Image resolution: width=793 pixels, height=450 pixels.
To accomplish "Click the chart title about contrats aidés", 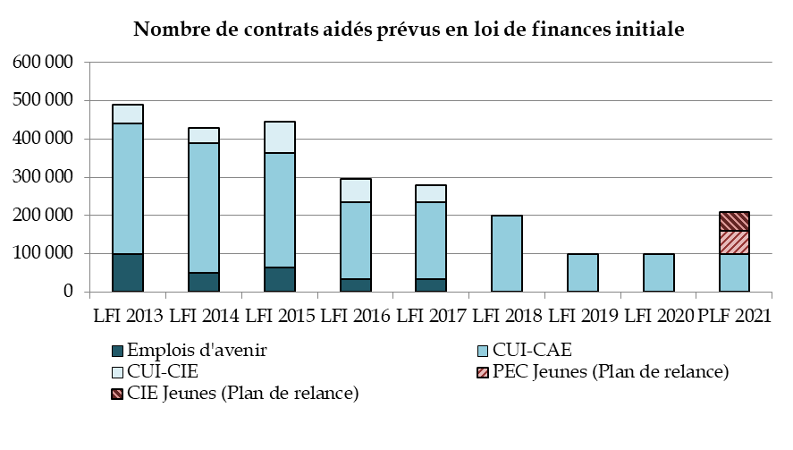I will (x=409, y=29).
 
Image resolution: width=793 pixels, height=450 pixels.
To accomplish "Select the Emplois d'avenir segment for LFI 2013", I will (x=128, y=273).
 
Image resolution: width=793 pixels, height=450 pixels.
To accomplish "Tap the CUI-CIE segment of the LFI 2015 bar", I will (x=280, y=137).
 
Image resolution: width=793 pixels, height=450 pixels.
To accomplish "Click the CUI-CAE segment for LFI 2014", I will (x=204, y=208).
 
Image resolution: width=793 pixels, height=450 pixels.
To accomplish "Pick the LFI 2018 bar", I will (x=507, y=253).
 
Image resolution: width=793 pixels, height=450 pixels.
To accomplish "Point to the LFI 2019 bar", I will (x=583, y=273).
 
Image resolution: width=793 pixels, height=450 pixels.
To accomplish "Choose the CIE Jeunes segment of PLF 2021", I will (x=735, y=221).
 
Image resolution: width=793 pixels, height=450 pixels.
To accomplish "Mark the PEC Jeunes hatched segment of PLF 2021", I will (x=735, y=242).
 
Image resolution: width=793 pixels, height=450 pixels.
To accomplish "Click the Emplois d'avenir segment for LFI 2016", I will (x=356, y=285).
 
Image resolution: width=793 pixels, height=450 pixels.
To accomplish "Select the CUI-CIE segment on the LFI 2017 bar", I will (x=432, y=193).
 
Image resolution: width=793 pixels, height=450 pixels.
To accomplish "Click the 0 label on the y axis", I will (x=68, y=292).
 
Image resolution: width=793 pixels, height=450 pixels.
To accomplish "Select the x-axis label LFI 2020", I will (x=659, y=316).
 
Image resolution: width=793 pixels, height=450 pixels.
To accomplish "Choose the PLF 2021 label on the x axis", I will (x=736, y=316).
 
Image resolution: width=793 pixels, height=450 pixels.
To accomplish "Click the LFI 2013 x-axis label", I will (x=128, y=316).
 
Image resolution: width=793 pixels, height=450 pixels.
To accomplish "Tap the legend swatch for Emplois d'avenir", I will (x=117, y=350).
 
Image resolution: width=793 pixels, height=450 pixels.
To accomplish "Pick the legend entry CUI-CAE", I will (x=531, y=350).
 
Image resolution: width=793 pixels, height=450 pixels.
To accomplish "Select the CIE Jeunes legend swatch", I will (x=117, y=393).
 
